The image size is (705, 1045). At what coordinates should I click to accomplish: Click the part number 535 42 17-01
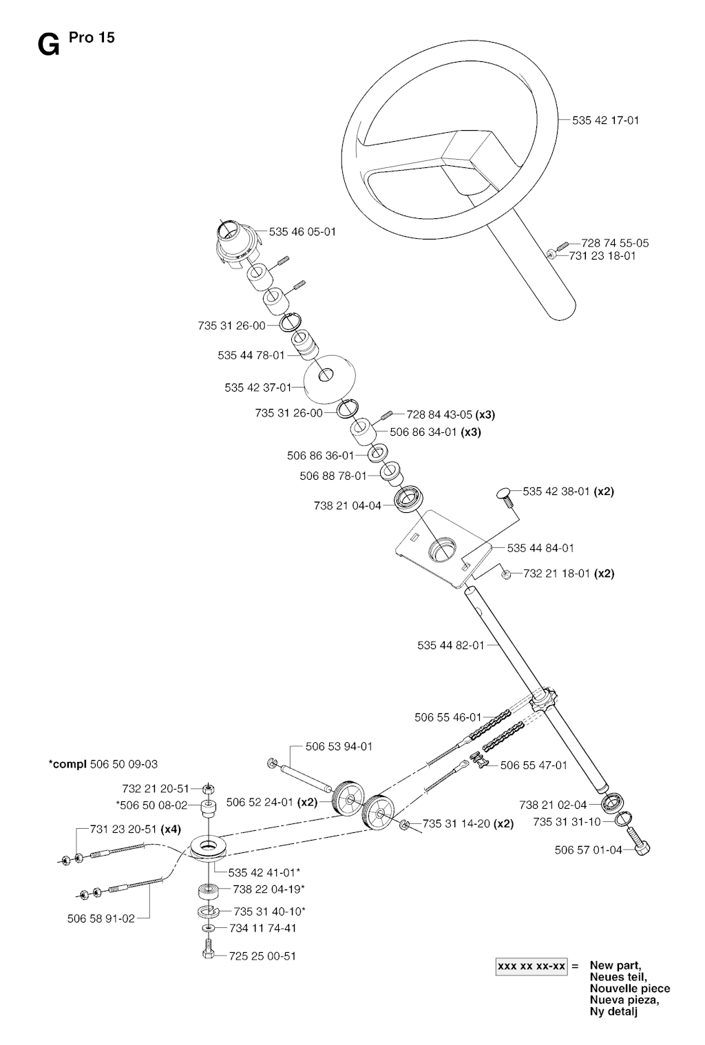[x=606, y=120]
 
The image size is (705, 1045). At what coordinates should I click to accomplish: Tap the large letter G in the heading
[x=48, y=46]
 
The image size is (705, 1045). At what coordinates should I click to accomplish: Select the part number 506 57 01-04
[x=589, y=850]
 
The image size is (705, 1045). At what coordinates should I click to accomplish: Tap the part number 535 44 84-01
[x=540, y=548]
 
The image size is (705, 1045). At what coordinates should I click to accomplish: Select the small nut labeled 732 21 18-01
[x=507, y=574]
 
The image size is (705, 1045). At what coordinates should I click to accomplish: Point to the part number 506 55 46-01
[x=448, y=717]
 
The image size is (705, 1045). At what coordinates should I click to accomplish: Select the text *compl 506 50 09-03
[x=103, y=764]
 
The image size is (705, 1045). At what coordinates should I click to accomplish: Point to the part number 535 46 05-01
[x=302, y=232]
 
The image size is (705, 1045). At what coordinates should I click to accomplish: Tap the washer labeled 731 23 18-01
[x=551, y=254]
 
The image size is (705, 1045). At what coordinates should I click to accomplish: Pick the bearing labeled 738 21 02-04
[x=609, y=803]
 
